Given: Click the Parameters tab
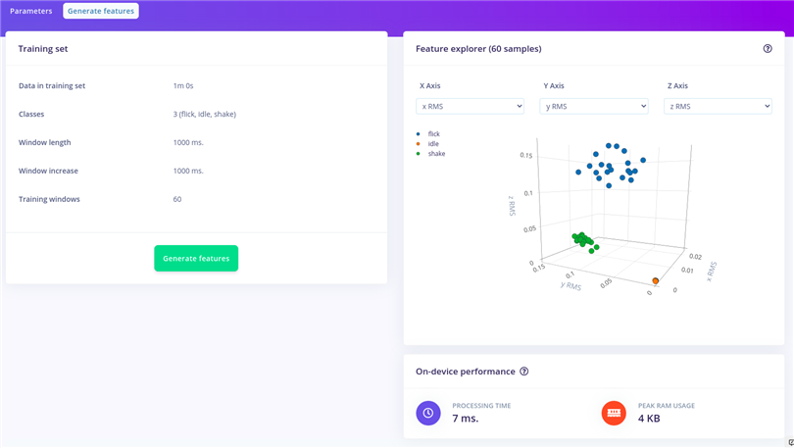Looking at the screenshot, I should click(30, 11).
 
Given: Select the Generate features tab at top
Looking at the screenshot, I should click(101, 11).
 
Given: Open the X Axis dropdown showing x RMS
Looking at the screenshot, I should click(471, 106).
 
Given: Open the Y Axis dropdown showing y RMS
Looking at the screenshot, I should click(594, 106).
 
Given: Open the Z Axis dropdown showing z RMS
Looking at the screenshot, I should click(718, 106).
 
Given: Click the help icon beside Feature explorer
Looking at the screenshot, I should click(768, 48).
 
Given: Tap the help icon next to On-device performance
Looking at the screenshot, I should click(524, 372).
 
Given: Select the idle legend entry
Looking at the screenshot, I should click(432, 143).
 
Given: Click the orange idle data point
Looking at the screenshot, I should click(656, 281).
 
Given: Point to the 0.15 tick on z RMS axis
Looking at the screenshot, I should click(526, 155).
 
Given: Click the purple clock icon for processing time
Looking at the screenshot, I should click(428, 413).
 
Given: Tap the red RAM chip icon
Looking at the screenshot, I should click(614, 413).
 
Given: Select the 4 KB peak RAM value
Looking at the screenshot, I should click(648, 419).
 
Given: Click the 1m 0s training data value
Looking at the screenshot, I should click(190, 85).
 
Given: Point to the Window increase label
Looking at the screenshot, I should click(49, 171).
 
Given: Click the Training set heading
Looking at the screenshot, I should click(43, 48).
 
